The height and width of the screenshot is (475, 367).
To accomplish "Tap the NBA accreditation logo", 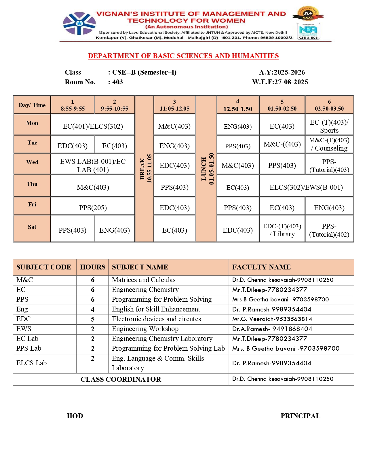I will [308, 31].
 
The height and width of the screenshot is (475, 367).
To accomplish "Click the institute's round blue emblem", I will [79, 24].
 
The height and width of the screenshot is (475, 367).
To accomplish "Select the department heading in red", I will [183, 56].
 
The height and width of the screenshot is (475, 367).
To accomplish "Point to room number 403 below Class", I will [117, 82].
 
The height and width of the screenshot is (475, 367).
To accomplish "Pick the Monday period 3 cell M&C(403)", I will [174, 126].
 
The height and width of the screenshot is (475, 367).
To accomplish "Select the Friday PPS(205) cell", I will [93, 208].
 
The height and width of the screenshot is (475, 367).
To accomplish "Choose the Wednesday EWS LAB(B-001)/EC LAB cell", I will [93, 166].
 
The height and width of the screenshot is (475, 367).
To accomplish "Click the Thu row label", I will [32, 184].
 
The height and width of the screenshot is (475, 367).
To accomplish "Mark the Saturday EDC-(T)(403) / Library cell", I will [282, 230].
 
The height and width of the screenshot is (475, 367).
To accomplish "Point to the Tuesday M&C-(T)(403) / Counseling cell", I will [329, 144].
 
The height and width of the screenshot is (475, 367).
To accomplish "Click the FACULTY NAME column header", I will [261, 267].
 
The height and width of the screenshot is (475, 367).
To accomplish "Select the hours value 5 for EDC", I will [93, 319].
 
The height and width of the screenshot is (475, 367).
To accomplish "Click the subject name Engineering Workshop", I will [145, 329].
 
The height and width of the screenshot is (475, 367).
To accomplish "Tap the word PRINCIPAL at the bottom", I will [300, 416].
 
